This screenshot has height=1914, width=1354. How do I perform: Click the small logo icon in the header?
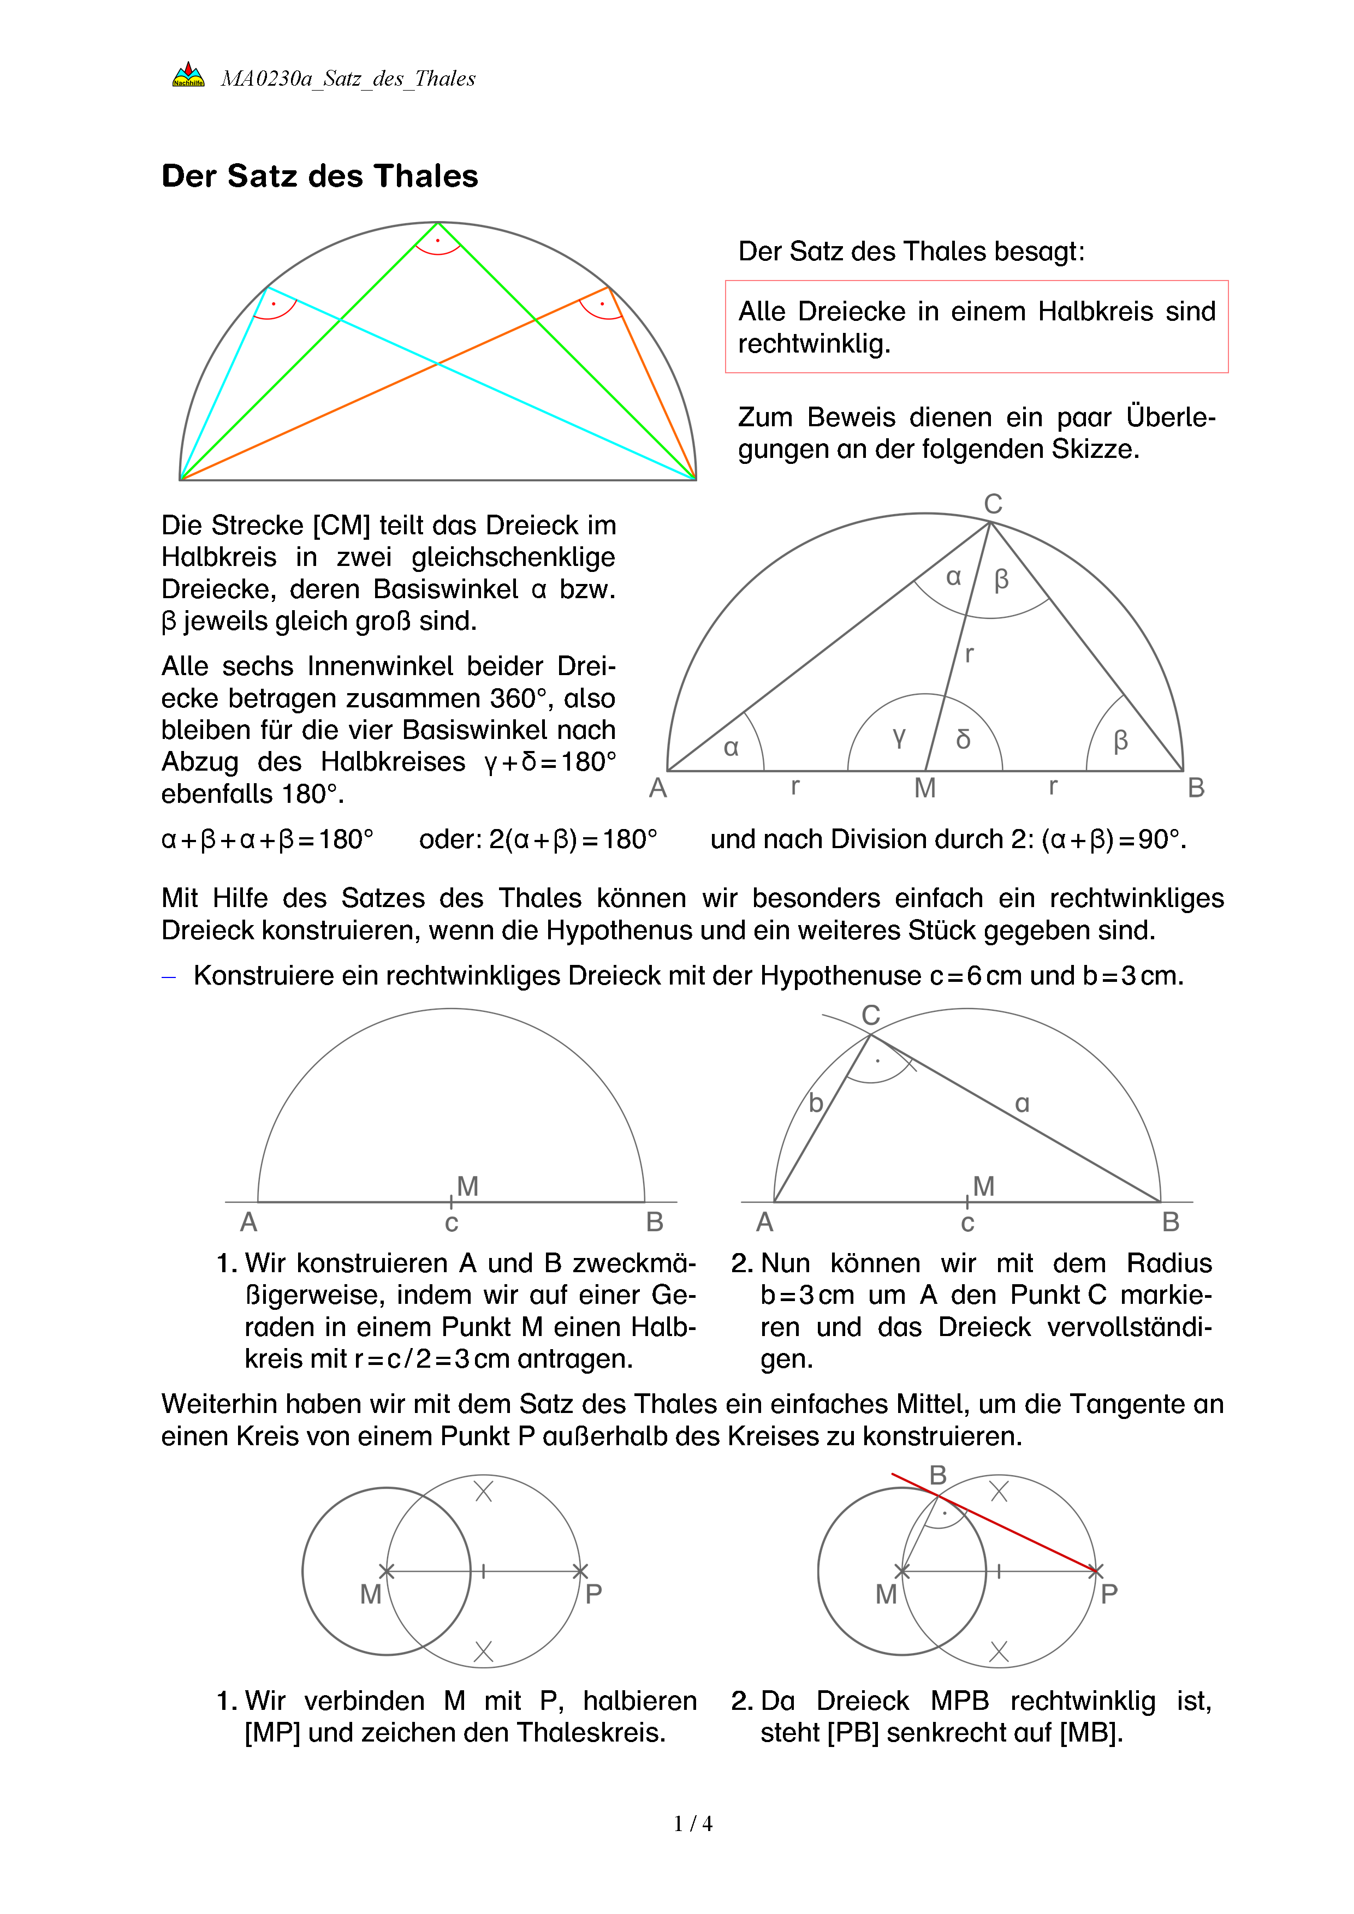pos(188,75)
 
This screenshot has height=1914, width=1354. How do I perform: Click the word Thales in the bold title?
pos(425,176)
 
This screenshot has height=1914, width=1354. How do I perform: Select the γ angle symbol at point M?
pos(899,736)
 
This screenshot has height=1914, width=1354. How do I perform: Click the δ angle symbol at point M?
pos(963,738)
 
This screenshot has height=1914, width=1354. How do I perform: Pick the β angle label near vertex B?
pos(1120,740)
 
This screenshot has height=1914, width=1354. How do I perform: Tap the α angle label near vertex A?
pos(731,747)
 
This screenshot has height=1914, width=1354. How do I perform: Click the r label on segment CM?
pos(969,654)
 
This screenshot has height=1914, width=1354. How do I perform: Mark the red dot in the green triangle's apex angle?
pos(438,241)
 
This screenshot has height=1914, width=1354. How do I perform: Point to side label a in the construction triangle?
pos(1022,1104)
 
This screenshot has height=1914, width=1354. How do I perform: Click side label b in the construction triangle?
pos(816,1103)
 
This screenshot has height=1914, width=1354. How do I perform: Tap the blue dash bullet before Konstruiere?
pos(169,976)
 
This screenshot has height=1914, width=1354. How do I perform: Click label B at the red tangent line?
pos(938,1475)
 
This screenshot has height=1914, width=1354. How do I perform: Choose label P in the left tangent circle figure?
pos(593,1594)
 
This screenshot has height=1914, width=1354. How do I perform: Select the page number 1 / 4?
pos(693,1824)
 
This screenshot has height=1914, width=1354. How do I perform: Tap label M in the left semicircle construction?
pos(468,1185)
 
